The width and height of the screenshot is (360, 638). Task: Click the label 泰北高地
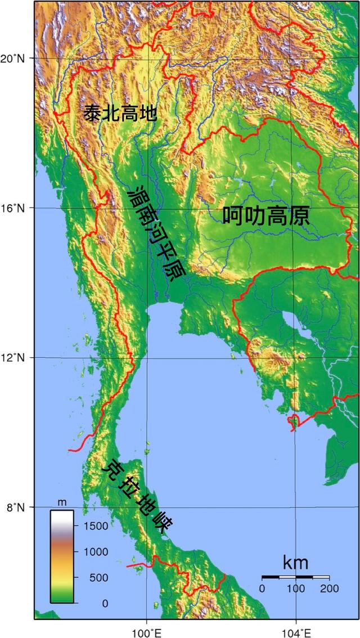point(120,114)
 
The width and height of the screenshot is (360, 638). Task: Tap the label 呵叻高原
point(265,216)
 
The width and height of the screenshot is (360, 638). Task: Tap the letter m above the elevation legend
point(62,502)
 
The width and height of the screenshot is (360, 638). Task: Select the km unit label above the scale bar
point(295,563)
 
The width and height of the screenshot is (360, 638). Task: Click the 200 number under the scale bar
point(329,588)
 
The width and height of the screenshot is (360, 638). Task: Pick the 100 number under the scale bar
point(295,588)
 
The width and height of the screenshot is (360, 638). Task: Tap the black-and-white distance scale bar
point(295,577)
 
